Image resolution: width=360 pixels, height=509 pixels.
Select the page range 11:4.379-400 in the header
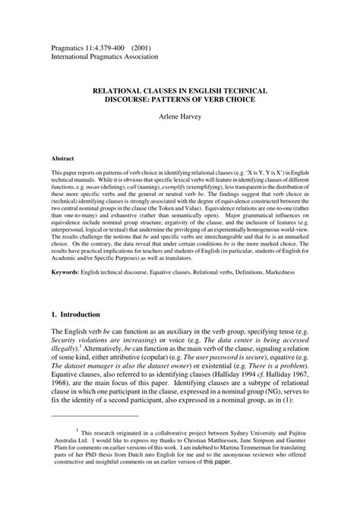coord(103,45)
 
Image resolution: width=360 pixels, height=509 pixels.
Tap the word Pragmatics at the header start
coord(70,45)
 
